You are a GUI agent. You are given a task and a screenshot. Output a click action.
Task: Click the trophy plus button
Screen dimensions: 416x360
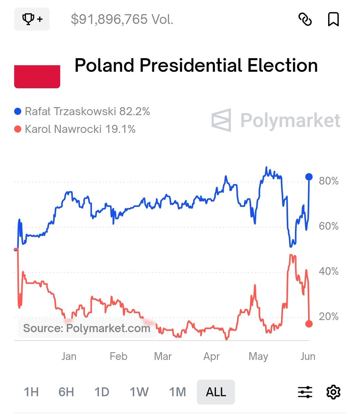(x=32, y=19)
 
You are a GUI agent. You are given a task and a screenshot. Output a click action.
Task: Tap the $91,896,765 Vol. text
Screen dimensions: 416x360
(x=122, y=19)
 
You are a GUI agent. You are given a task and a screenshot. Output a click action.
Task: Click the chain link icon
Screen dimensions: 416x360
(x=305, y=19)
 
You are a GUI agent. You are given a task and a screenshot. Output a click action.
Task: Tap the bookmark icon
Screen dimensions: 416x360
(x=333, y=19)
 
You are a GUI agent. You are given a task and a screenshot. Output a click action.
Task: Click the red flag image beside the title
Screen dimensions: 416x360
(x=37, y=77)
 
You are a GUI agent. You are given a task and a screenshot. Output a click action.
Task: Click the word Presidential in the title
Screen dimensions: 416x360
(x=190, y=66)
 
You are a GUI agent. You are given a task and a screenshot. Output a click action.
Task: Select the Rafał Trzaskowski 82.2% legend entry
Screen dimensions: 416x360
(x=82, y=112)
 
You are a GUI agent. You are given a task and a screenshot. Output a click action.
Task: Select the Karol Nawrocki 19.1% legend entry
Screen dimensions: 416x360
(x=75, y=129)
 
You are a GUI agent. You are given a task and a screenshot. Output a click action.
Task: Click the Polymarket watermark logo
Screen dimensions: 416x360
(x=276, y=120)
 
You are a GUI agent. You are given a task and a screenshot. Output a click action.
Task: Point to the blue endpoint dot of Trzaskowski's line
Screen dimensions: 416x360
(x=309, y=177)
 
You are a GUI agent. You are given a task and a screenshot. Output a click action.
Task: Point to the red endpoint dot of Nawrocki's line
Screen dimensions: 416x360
(x=309, y=324)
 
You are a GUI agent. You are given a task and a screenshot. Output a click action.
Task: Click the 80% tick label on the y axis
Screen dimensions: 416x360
(x=328, y=181)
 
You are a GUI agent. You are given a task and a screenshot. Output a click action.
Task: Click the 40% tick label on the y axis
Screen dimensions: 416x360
(x=328, y=271)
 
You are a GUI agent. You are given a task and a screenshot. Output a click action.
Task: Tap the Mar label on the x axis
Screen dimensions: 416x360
(x=163, y=356)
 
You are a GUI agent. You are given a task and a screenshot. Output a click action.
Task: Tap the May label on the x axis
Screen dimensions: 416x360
(x=258, y=356)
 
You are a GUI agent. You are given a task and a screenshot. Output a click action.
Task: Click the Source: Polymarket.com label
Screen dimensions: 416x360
(x=87, y=328)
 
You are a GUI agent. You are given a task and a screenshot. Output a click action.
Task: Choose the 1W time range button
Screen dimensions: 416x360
(x=139, y=392)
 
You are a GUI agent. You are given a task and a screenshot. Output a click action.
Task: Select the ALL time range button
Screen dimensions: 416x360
(x=216, y=392)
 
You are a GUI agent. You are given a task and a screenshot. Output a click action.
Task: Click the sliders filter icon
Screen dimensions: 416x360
(x=305, y=392)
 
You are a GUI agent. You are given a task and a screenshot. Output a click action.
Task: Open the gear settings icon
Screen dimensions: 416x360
(x=333, y=392)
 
